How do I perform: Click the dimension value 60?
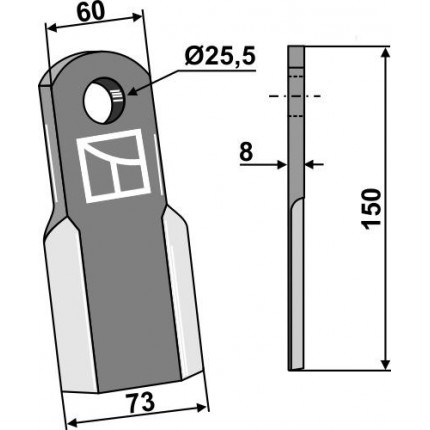[x=91, y=13]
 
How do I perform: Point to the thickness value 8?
[x=246, y=152]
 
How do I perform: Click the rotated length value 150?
[x=372, y=209]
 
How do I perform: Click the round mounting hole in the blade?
[x=104, y=101]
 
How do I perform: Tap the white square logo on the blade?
[x=113, y=166]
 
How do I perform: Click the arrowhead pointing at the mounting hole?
[x=133, y=90]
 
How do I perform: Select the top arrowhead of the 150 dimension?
[x=385, y=53]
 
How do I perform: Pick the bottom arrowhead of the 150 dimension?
[x=385, y=364]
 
